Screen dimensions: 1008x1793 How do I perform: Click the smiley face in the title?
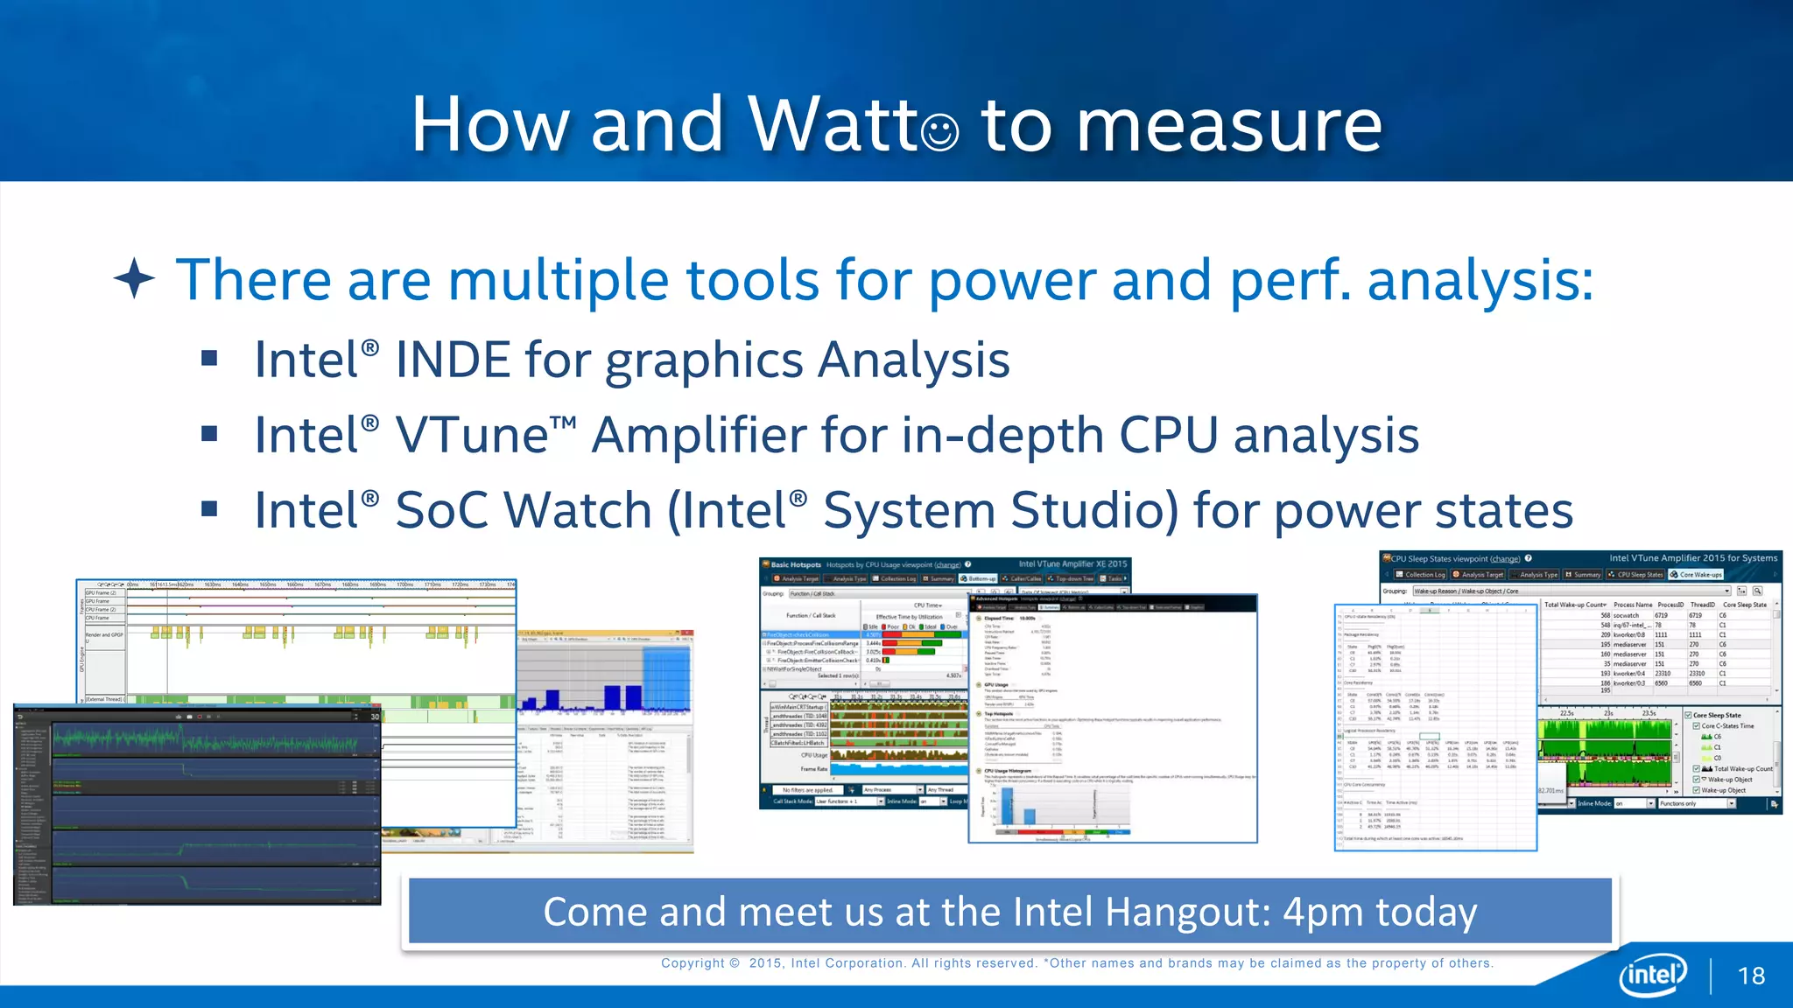pyautogui.click(x=939, y=132)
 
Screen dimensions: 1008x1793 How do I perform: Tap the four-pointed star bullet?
pyautogui.click(x=134, y=279)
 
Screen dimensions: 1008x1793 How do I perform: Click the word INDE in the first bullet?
pyautogui.click(x=453, y=360)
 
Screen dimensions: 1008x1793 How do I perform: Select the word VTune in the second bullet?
pyautogui.click(x=472, y=435)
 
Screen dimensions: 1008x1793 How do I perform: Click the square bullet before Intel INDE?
pyautogui.click(x=208, y=358)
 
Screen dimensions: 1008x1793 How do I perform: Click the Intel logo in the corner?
pyautogui.click(x=1653, y=974)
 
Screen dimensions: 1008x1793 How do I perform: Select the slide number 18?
pyautogui.click(x=1751, y=976)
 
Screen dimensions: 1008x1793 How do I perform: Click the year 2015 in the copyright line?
pyautogui.click(x=765, y=963)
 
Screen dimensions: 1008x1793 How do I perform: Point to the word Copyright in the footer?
pyautogui.click(x=693, y=963)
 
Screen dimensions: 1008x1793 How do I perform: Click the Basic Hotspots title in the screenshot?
pyautogui.click(x=796, y=565)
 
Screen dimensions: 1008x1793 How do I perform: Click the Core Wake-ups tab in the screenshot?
pyautogui.click(x=1699, y=575)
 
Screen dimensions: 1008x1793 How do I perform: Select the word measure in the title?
pyautogui.click(x=1228, y=124)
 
